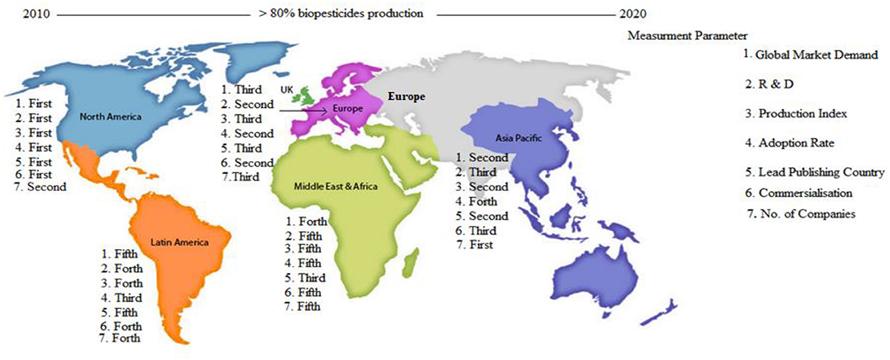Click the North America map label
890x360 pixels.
(x=111, y=117)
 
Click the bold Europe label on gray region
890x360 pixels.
(x=405, y=97)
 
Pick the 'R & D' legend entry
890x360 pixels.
(x=772, y=85)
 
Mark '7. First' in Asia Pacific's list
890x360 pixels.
(x=474, y=245)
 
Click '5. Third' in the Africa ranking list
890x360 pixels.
(x=304, y=277)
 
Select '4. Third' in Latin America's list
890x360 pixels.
(x=122, y=298)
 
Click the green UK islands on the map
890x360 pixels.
(x=307, y=95)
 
